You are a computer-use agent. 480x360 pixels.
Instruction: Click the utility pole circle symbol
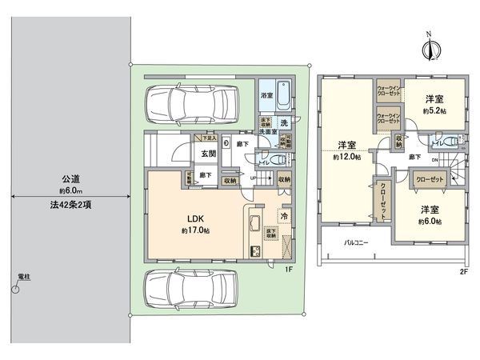(15, 290)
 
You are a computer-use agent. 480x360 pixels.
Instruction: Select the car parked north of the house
(190, 102)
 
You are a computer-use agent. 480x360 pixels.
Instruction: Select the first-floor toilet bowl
(281, 158)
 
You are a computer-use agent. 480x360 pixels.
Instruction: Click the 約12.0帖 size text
(346, 158)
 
